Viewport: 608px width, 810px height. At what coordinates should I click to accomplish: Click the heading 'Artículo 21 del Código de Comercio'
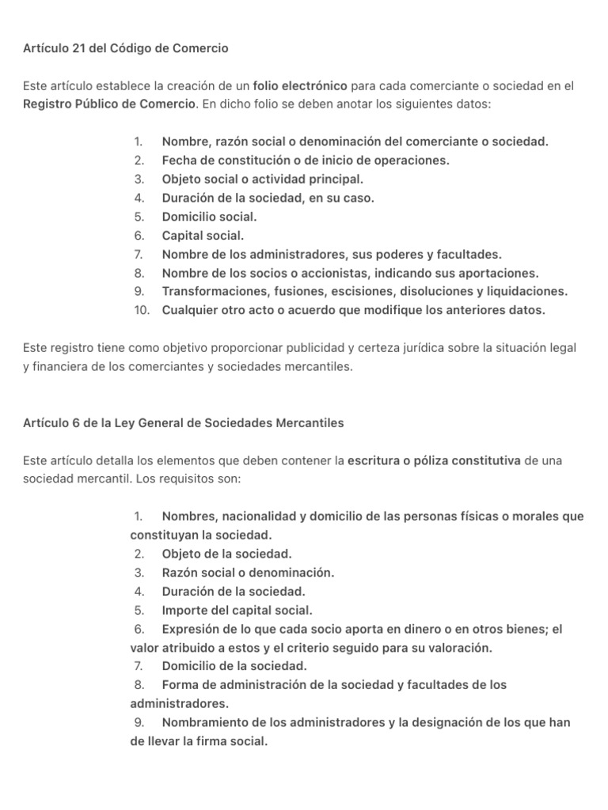click(126, 48)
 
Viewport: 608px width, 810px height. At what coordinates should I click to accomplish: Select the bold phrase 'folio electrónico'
click(302, 85)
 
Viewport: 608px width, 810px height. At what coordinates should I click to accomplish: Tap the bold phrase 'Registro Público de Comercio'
click(109, 104)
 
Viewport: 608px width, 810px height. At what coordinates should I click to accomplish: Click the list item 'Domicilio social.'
click(209, 216)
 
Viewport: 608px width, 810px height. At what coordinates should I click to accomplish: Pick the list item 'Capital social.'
click(203, 235)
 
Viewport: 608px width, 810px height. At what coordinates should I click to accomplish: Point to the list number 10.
click(142, 310)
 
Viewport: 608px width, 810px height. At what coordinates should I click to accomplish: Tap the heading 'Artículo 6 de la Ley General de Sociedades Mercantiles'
click(184, 423)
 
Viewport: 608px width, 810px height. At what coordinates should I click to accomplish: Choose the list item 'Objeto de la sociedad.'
click(226, 554)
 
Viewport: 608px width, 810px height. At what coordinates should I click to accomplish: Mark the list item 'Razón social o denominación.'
click(248, 573)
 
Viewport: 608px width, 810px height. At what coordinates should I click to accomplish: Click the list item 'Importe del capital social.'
click(237, 610)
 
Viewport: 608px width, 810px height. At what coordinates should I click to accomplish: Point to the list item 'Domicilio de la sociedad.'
click(234, 666)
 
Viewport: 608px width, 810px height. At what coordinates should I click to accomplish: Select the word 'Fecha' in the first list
click(179, 160)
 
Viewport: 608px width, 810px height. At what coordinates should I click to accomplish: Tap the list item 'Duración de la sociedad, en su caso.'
click(268, 198)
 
